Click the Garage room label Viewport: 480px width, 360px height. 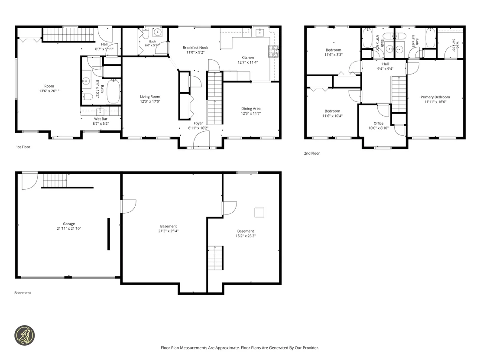(69, 224)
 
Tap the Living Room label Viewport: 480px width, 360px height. (150, 97)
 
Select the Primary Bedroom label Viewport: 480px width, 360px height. (435, 97)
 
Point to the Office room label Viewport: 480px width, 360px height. (378, 123)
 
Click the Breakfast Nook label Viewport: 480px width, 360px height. (195, 48)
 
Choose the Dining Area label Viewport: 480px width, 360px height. (251, 108)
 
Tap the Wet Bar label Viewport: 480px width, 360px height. (101, 119)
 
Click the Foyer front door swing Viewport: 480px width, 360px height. (201, 139)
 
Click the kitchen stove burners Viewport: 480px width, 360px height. (273, 52)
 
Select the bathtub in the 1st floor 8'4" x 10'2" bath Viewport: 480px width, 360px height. (113, 91)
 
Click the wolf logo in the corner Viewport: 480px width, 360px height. (25, 335)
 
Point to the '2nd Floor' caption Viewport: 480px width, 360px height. (311, 153)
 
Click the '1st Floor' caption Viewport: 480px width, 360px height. (23, 147)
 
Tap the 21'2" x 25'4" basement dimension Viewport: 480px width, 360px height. (169, 231)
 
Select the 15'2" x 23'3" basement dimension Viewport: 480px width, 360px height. (246, 236)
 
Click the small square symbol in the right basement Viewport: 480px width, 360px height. (259, 212)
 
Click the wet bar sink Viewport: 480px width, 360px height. (101, 111)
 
